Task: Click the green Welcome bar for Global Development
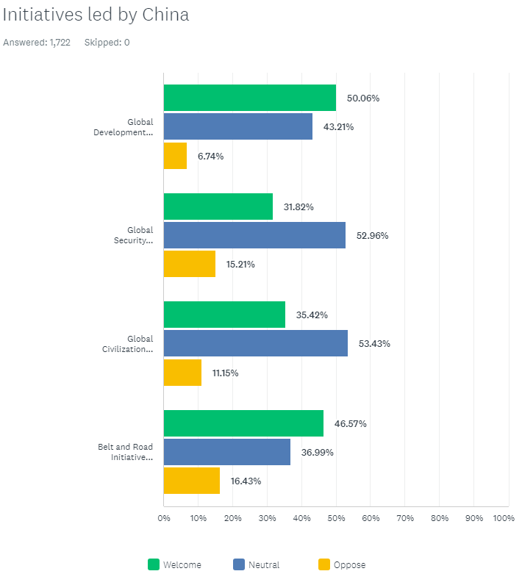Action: pos(249,98)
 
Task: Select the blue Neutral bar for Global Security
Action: pos(254,235)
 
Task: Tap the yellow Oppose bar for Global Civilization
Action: pos(182,373)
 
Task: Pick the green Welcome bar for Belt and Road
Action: pos(243,423)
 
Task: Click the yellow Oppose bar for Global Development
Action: pos(175,156)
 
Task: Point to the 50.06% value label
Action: pos(363,98)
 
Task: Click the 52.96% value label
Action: pos(372,236)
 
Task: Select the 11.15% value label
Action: pos(225,373)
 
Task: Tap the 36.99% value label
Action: pos(317,453)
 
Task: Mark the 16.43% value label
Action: pos(246,481)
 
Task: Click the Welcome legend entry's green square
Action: pos(154,564)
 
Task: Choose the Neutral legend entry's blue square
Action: pos(239,564)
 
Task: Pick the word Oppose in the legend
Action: pos(349,565)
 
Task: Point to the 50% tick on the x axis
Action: pos(336,519)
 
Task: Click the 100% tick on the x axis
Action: pos(504,519)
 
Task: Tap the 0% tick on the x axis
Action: pos(164,519)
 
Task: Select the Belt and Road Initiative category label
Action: pos(126,452)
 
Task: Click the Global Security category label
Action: pos(135,235)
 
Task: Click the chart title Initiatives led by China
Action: pos(96,15)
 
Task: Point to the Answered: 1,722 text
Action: pos(37,43)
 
